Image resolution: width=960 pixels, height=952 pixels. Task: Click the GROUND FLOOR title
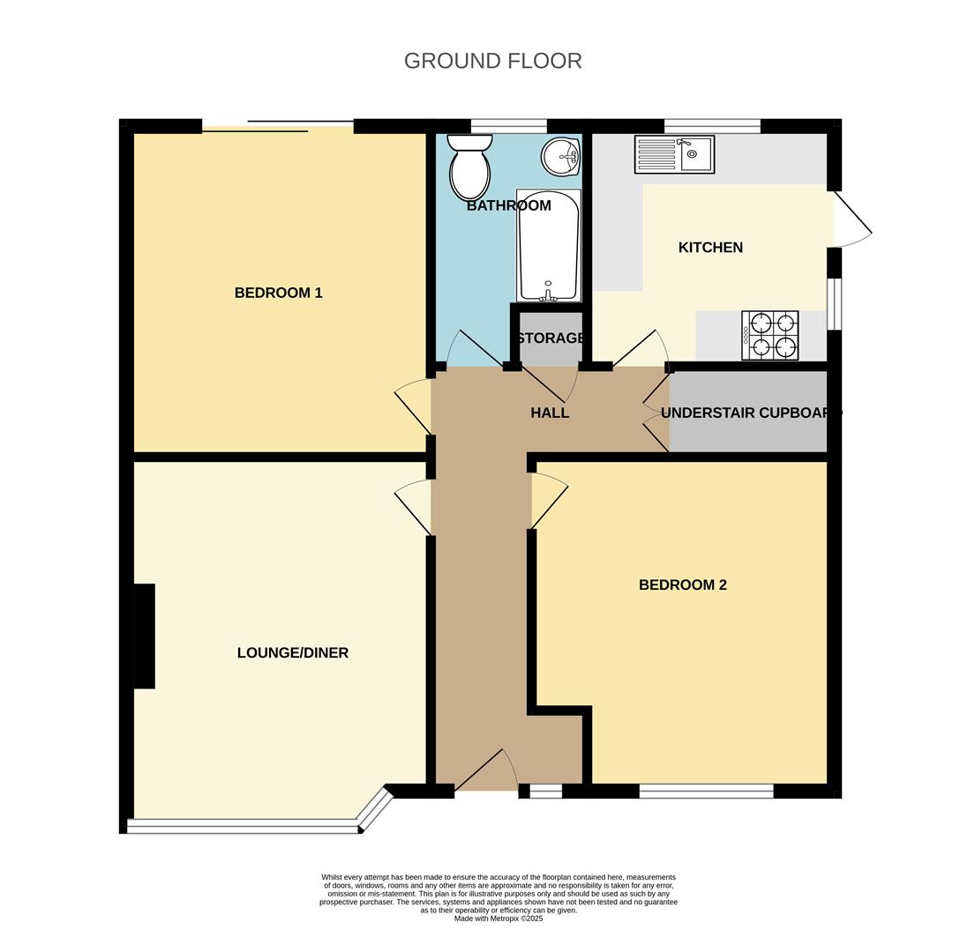coord(493,61)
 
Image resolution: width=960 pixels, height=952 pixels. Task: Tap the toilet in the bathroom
coord(470,167)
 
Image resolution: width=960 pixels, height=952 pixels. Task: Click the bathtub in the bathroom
coord(548,245)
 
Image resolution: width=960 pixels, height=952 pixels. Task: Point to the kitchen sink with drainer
coord(675,154)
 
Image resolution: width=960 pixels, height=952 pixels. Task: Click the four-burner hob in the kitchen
coord(770,335)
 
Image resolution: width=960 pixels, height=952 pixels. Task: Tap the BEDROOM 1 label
coord(279,293)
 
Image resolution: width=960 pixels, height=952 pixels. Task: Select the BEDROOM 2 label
coord(683,585)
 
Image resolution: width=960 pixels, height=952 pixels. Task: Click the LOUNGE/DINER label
coord(293,653)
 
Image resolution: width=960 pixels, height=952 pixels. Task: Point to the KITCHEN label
coord(711,247)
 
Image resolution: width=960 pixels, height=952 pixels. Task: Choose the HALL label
coord(550,413)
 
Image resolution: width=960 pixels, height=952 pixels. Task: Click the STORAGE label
coord(551,338)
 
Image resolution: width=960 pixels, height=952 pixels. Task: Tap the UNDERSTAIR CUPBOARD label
coord(751,413)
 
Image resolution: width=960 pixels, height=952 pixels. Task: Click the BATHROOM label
coord(509,205)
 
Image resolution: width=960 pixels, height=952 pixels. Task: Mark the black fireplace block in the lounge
coord(145,636)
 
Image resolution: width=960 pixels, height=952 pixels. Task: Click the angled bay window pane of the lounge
coord(375,809)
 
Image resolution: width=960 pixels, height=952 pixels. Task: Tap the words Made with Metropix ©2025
coord(499,919)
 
